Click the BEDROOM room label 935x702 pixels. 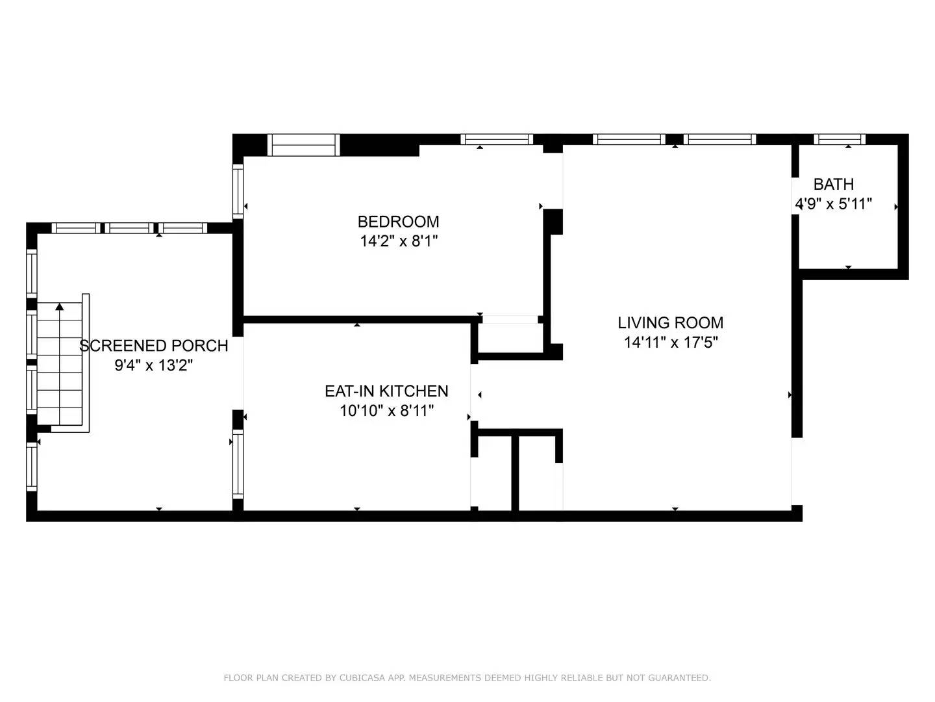398,222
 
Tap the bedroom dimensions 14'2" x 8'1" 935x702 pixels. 399,242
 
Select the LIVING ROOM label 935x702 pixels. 670,322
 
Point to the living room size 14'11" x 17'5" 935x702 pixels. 671,343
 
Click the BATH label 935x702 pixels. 833,184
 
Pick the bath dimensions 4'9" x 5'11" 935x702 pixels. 833,204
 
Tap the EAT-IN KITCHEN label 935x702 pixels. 386,391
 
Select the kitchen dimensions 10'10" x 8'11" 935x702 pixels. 386,411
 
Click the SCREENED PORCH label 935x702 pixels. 153,346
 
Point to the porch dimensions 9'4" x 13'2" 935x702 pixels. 153,365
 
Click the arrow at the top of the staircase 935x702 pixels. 60,306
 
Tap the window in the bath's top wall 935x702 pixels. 839,139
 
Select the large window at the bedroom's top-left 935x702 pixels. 303,145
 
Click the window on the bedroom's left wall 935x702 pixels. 238,192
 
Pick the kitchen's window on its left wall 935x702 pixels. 238,464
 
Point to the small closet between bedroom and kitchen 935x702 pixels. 510,338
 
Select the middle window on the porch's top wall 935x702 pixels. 129,228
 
